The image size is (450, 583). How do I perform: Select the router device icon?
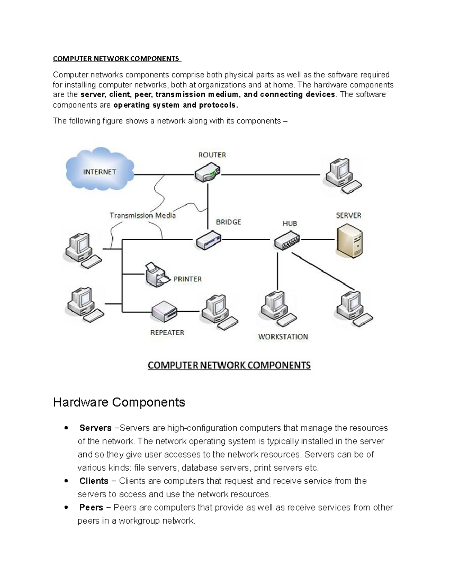[x=207, y=173]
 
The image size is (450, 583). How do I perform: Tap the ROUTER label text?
[x=212, y=155]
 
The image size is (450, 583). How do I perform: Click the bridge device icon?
[x=208, y=240]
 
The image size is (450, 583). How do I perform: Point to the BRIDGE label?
[x=228, y=222]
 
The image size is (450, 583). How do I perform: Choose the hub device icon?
[x=287, y=241]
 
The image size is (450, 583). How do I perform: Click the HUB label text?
[x=289, y=223]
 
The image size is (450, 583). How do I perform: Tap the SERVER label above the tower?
[x=348, y=215]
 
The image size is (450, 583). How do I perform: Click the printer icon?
[x=157, y=275]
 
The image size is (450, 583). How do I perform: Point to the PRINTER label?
[x=187, y=279]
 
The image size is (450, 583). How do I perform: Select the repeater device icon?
[x=164, y=311]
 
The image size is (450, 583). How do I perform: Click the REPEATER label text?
[x=167, y=333]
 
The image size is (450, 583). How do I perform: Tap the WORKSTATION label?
[x=283, y=337]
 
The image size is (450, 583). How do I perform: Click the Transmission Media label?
[x=142, y=215]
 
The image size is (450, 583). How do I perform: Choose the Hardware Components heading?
[x=119, y=402]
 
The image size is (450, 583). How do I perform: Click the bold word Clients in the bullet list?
[x=94, y=481]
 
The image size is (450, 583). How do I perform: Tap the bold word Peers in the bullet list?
[x=91, y=508]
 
